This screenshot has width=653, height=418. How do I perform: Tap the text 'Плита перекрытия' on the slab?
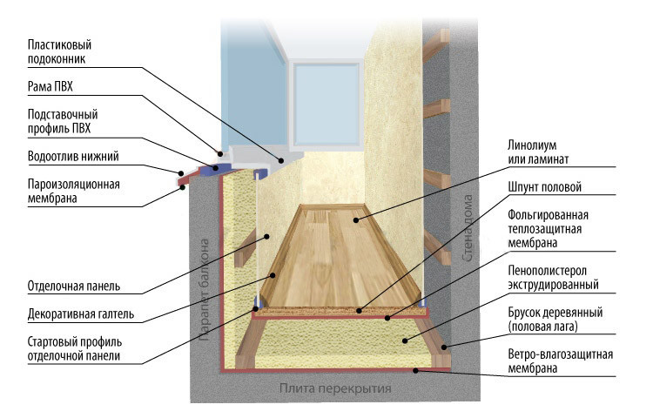coord(335,388)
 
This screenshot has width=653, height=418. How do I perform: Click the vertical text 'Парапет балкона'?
coord(206,287)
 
